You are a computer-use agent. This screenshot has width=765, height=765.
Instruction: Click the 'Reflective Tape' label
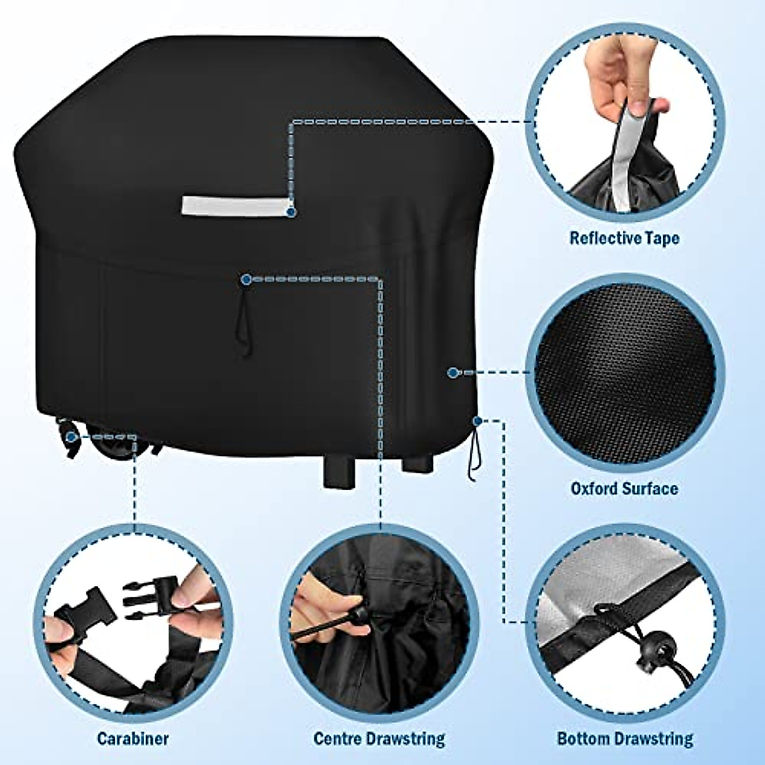[624, 238]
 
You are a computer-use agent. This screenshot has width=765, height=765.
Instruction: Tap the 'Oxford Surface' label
[624, 489]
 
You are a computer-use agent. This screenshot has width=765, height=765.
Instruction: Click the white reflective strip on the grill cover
[232, 205]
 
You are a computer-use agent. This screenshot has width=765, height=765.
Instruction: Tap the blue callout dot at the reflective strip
[291, 210]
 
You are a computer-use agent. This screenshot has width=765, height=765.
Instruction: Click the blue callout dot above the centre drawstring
[245, 279]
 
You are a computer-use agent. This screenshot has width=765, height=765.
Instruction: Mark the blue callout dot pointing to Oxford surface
[453, 372]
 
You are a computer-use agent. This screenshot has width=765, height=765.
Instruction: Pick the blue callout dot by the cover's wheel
[71, 437]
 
